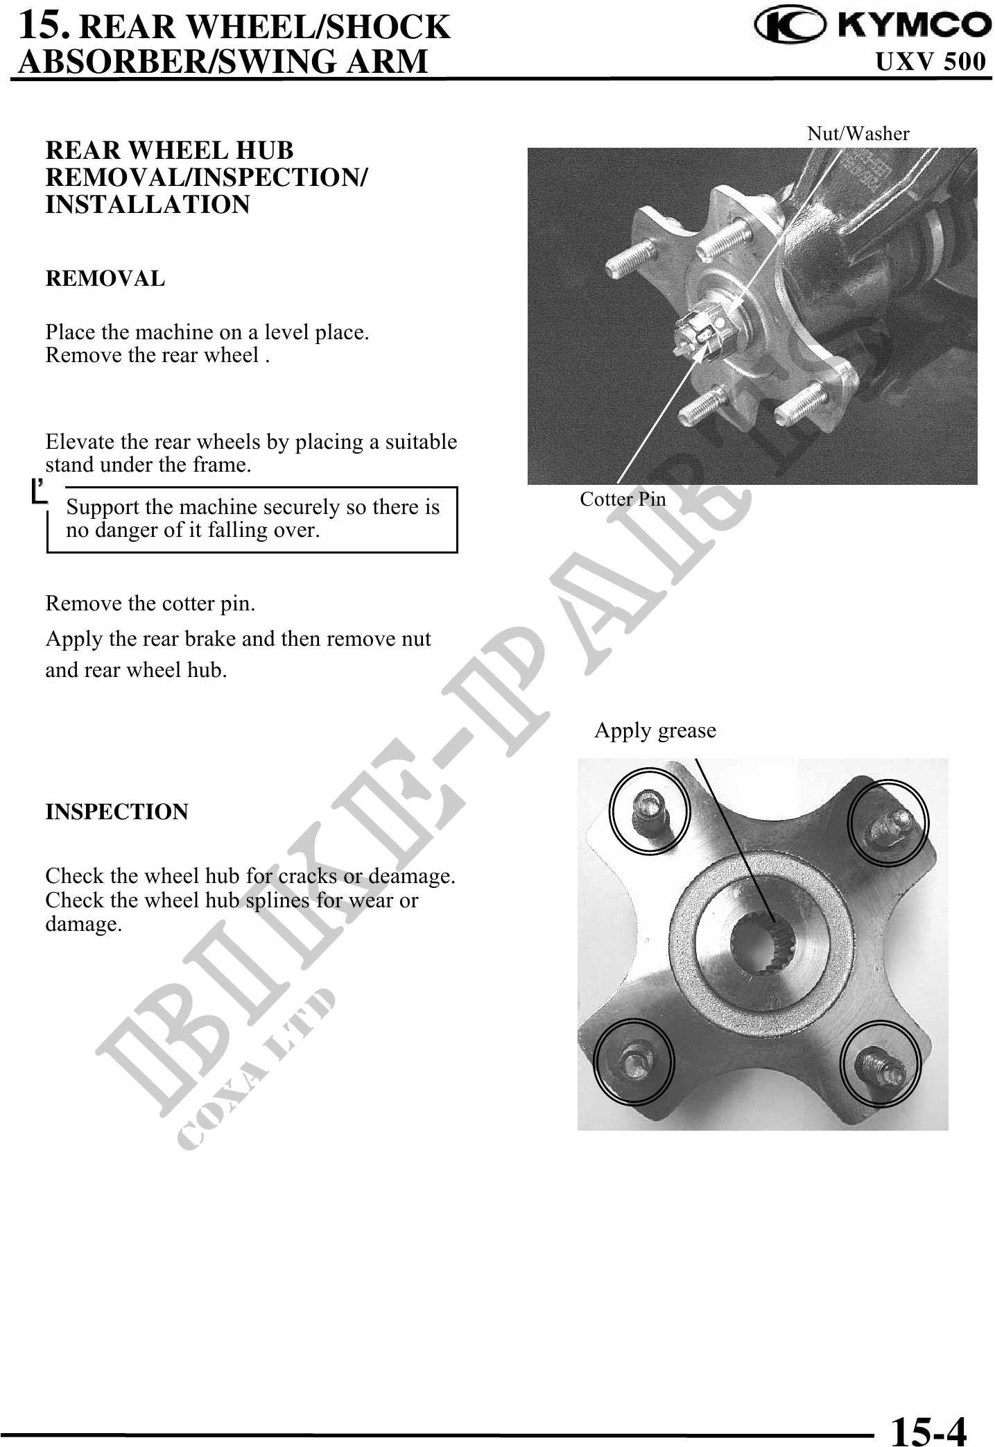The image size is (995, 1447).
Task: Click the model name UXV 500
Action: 931,62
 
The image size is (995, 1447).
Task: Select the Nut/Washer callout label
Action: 858,134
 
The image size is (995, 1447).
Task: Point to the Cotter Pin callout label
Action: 623,499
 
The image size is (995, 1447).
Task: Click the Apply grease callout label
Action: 655,730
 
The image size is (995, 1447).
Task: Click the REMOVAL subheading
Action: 105,279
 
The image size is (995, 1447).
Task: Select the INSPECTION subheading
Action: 116,812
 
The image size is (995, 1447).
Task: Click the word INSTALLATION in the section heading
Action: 147,205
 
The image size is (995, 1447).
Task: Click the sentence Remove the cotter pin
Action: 150,603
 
